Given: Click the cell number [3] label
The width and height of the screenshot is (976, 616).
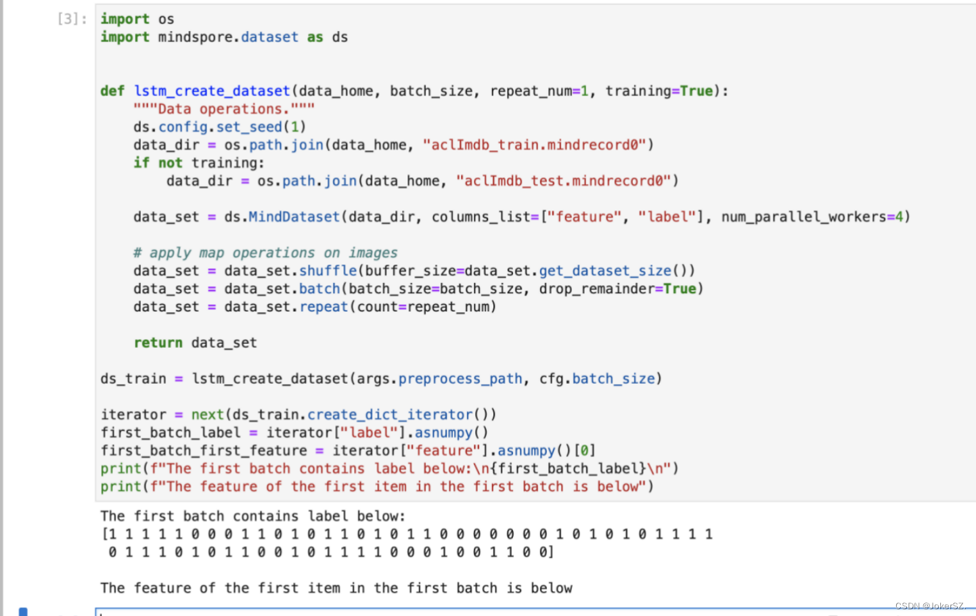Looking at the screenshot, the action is [72, 19].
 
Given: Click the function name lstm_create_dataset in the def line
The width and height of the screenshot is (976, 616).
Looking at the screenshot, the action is [212, 91].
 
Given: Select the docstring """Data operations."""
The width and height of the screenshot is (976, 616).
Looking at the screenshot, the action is [224, 109].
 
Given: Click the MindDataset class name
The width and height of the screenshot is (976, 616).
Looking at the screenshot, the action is [294, 217].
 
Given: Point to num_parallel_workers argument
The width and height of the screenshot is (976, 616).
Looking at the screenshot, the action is [803, 217].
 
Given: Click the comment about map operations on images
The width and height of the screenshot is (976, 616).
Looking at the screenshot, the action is [265, 252].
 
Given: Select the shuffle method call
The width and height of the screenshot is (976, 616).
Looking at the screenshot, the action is [328, 271].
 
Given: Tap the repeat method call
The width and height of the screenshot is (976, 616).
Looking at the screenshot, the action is [324, 307].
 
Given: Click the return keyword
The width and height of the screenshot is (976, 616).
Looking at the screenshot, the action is [158, 343].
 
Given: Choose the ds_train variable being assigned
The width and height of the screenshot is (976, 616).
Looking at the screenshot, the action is [133, 378].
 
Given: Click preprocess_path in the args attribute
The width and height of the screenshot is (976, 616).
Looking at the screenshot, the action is [460, 378].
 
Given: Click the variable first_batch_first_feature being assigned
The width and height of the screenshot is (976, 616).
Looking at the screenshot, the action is [204, 450].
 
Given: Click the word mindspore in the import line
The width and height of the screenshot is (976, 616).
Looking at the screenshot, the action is [198, 37].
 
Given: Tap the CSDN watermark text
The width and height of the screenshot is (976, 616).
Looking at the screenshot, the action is [929, 606].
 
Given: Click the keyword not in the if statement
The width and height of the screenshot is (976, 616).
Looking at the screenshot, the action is [171, 162].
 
